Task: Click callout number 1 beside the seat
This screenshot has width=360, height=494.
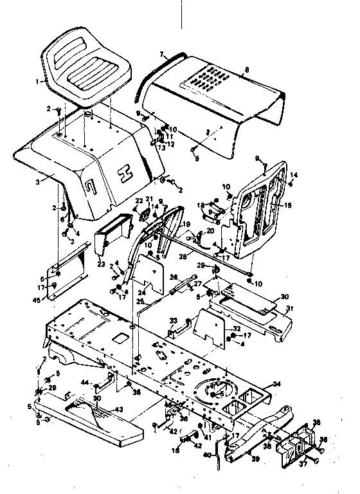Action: (39, 82)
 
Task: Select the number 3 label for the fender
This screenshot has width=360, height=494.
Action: (39, 182)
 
